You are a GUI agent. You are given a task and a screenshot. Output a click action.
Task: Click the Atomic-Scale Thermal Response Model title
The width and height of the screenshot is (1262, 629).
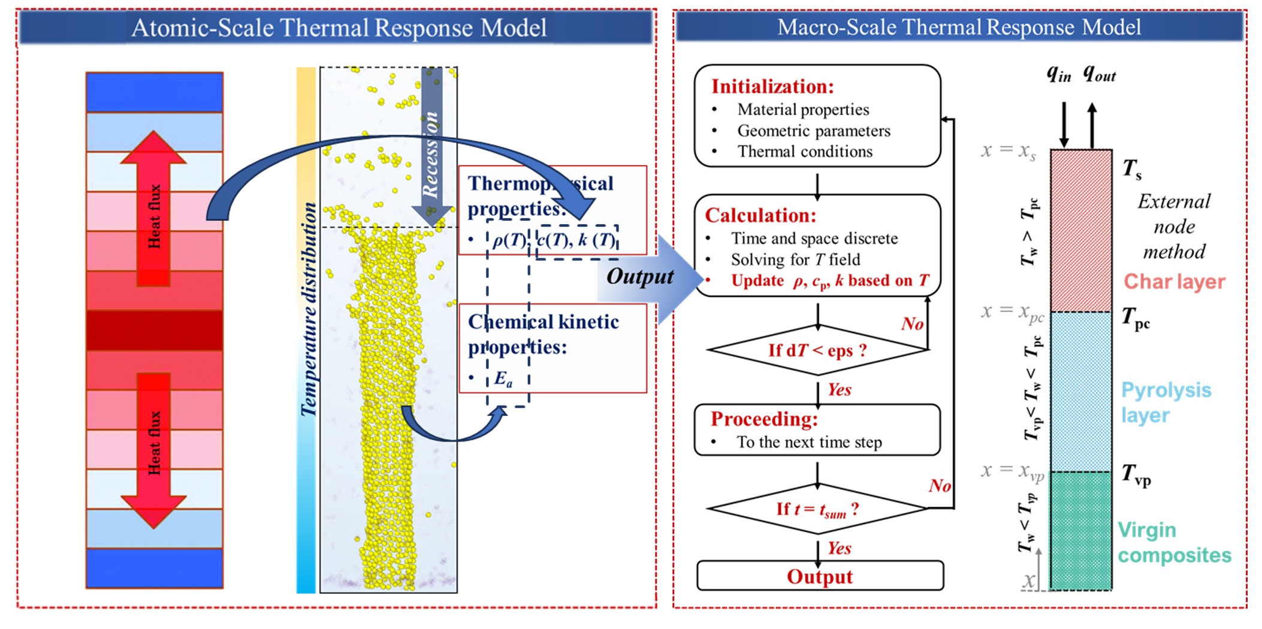pos(339,28)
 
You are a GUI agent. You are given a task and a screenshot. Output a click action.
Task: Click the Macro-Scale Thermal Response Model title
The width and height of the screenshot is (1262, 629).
pos(959,27)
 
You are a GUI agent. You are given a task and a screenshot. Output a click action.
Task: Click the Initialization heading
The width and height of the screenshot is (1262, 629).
pos(772,86)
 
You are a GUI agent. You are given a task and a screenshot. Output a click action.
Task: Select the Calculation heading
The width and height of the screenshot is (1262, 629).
pos(760,215)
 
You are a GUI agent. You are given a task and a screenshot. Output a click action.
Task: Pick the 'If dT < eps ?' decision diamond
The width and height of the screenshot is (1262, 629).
pos(817,350)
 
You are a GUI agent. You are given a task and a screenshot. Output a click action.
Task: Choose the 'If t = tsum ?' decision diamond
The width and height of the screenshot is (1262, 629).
pos(817,509)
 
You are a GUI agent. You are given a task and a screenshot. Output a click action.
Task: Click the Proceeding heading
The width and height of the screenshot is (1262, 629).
pos(764,419)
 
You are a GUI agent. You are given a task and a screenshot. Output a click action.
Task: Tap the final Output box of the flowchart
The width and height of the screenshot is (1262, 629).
pos(820,576)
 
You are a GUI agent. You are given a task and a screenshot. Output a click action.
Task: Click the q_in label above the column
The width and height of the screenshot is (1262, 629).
pos(1059,74)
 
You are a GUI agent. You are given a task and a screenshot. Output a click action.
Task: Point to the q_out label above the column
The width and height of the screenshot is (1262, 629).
pos(1099,74)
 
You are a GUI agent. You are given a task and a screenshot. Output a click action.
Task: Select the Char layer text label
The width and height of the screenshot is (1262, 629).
pos(1174,281)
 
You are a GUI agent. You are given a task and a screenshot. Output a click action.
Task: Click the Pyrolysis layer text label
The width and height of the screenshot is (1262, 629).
pos(1166,402)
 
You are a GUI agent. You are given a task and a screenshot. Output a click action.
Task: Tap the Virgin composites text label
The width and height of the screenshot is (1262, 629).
pos(1174,543)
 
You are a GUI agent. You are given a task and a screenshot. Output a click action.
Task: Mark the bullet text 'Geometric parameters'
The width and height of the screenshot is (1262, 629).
pos(813,131)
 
